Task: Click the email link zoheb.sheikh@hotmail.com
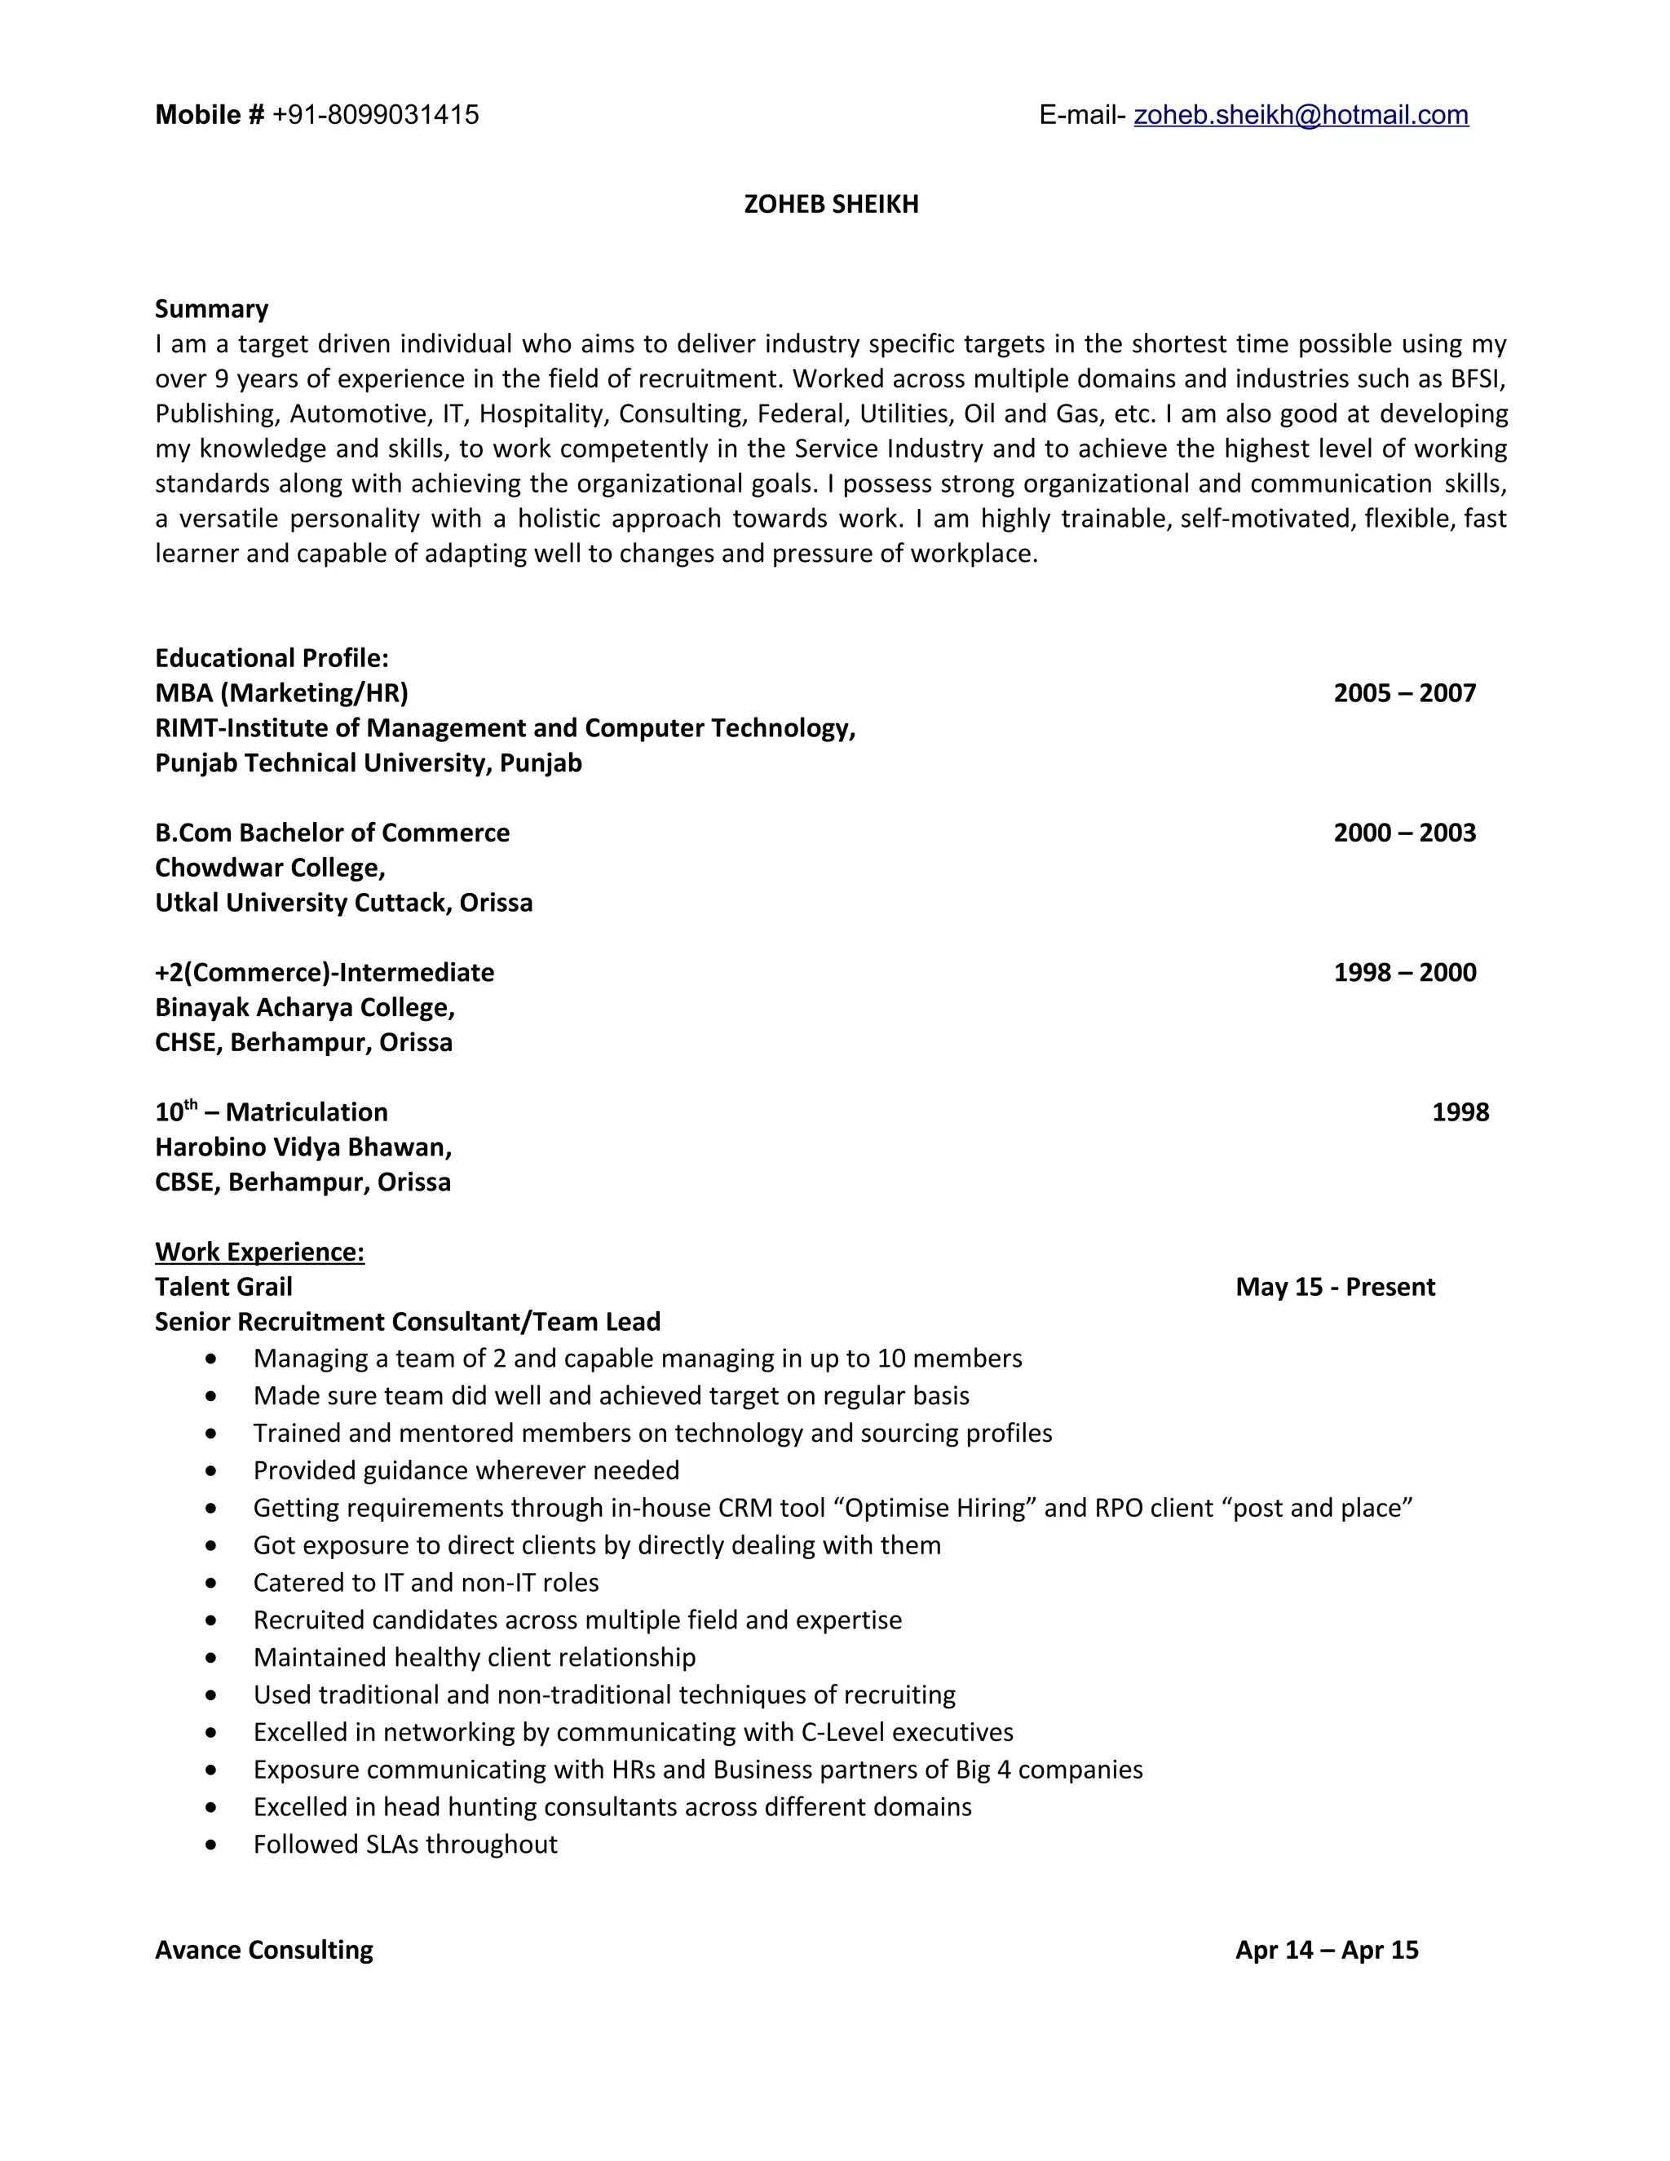tap(1300, 116)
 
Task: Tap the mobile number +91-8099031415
tap(375, 116)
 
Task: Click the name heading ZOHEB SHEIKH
tap(831, 204)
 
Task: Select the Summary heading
tap(212, 309)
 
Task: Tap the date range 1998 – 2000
tap(1404, 972)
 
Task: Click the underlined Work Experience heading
tap(259, 1252)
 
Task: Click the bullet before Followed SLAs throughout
tap(210, 1845)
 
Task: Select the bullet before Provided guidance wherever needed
tap(210, 1471)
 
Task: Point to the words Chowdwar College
tap(268, 868)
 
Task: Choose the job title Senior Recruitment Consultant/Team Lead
tap(408, 1322)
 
